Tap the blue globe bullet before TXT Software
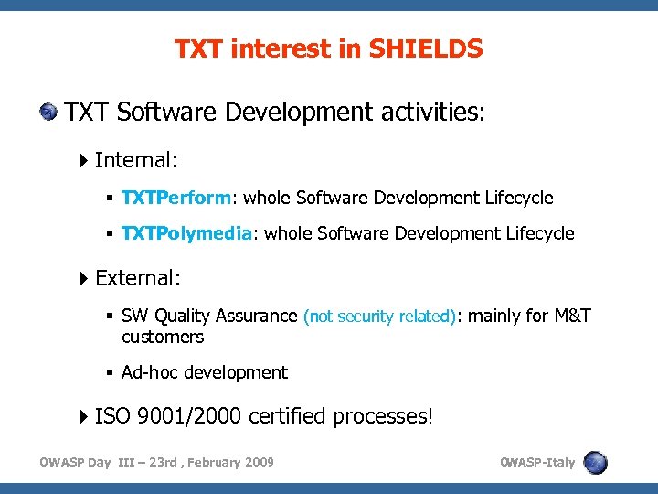pyautogui.click(x=48, y=113)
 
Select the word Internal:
pyautogui.click(x=136, y=160)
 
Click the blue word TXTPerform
pyautogui.click(x=178, y=198)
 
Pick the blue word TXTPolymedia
pyautogui.click(x=186, y=233)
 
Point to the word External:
pyautogui.click(x=138, y=277)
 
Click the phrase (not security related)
pyautogui.click(x=379, y=317)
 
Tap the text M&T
pyautogui.click(x=572, y=317)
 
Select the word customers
pyautogui.click(x=163, y=338)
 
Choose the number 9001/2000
pyautogui.click(x=188, y=416)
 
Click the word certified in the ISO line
pyautogui.click(x=287, y=416)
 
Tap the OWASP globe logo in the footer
pyautogui.click(x=595, y=462)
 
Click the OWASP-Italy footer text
pyautogui.click(x=537, y=462)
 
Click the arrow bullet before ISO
pyautogui.click(x=84, y=417)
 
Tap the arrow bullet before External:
pyautogui.click(x=84, y=278)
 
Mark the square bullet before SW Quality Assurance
pyautogui.click(x=110, y=317)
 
